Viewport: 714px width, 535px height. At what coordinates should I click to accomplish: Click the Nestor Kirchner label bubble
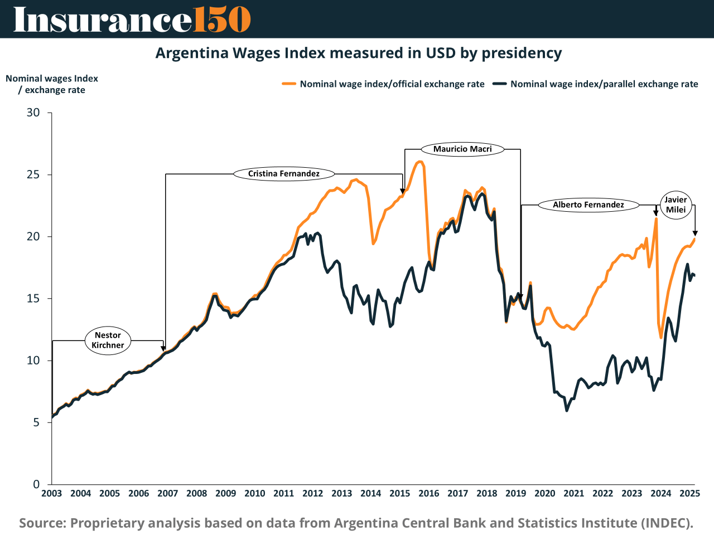108,340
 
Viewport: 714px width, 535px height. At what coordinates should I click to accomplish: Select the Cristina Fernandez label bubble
284,174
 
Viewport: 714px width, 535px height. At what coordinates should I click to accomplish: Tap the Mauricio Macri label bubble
462,149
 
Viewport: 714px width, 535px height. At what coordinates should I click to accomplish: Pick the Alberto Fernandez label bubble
588,205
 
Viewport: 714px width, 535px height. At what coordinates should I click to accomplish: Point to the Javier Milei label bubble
676,205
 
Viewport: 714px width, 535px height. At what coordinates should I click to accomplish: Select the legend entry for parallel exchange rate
596,84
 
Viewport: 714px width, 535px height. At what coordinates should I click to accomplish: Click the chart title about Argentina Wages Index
358,53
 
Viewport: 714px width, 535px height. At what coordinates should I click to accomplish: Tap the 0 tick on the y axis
37,484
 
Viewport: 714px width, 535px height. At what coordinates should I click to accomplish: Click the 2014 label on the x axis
371,493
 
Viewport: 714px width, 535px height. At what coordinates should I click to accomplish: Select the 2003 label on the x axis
52,493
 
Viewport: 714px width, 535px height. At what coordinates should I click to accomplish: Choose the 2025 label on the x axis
690,493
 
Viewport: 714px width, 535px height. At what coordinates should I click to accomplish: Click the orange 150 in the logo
222,20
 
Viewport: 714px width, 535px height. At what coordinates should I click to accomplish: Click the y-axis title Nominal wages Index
52,79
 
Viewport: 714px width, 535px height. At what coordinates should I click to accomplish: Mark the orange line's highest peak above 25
419,162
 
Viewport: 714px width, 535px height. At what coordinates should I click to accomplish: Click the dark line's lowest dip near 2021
567,410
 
